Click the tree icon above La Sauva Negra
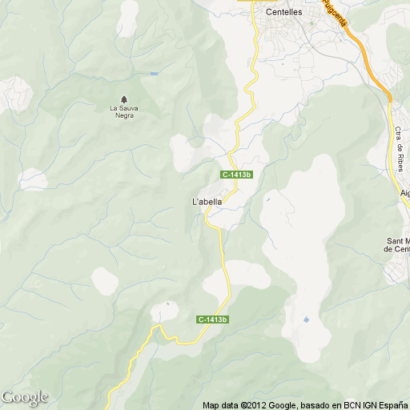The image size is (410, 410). [123, 98]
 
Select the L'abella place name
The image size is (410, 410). [207, 201]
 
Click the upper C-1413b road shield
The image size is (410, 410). [237, 175]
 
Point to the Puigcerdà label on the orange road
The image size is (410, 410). [335, 12]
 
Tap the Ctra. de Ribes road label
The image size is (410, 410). [399, 149]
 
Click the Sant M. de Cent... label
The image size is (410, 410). [398, 244]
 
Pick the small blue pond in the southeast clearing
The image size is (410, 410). [306, 320]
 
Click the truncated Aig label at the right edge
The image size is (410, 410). [404, 193]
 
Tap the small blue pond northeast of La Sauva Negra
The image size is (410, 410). [153, 74]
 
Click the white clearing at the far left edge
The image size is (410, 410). [33, 179]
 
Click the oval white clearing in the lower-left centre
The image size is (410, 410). [105, 280]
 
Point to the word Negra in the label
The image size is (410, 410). [124, 115]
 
